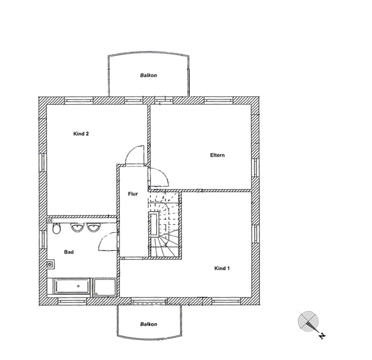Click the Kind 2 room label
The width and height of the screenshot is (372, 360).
[x=81, y=134]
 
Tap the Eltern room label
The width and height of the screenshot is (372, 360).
[x=217, y=155]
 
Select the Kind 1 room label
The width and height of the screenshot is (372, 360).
[x=222, y=268]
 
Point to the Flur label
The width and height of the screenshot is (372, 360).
[x=133, y=194]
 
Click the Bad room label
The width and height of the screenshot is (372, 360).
[x=69, y=252]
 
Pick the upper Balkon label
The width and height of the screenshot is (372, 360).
[x=148, y=75]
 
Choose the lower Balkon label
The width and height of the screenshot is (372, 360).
[x=148, y=324]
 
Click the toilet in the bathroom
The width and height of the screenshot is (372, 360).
[x=56, y=228]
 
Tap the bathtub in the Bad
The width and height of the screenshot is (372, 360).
[x=73, y=286]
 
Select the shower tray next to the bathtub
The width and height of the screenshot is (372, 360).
[x=105, y=287]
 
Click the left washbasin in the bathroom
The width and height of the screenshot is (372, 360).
[x=77, y=227]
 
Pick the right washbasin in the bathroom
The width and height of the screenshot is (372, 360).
[x=94, y=227]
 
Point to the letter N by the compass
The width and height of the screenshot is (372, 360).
[x=322, y=336]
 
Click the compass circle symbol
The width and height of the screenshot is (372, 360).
[x=308, y=322]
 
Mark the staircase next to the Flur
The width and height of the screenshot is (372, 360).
[x=164, y=224]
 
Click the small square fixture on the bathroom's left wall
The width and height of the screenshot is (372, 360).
[x=50, y=264]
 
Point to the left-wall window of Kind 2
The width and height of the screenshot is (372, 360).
[x=43, y=162]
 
